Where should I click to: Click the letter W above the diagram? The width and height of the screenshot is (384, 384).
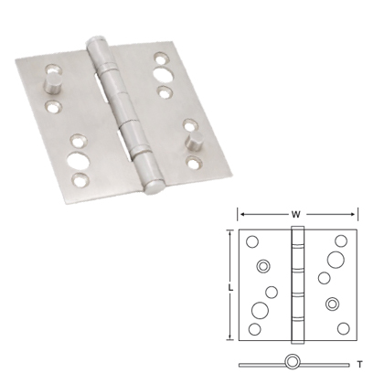point(295,215)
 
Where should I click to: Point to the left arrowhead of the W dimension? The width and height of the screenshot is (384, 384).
point(241,215)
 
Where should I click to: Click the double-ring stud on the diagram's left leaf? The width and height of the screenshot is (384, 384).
point(263,266)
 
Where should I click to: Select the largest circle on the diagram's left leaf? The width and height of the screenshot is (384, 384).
point(271,293)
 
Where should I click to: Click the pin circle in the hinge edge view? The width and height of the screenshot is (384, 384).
point(294,361)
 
